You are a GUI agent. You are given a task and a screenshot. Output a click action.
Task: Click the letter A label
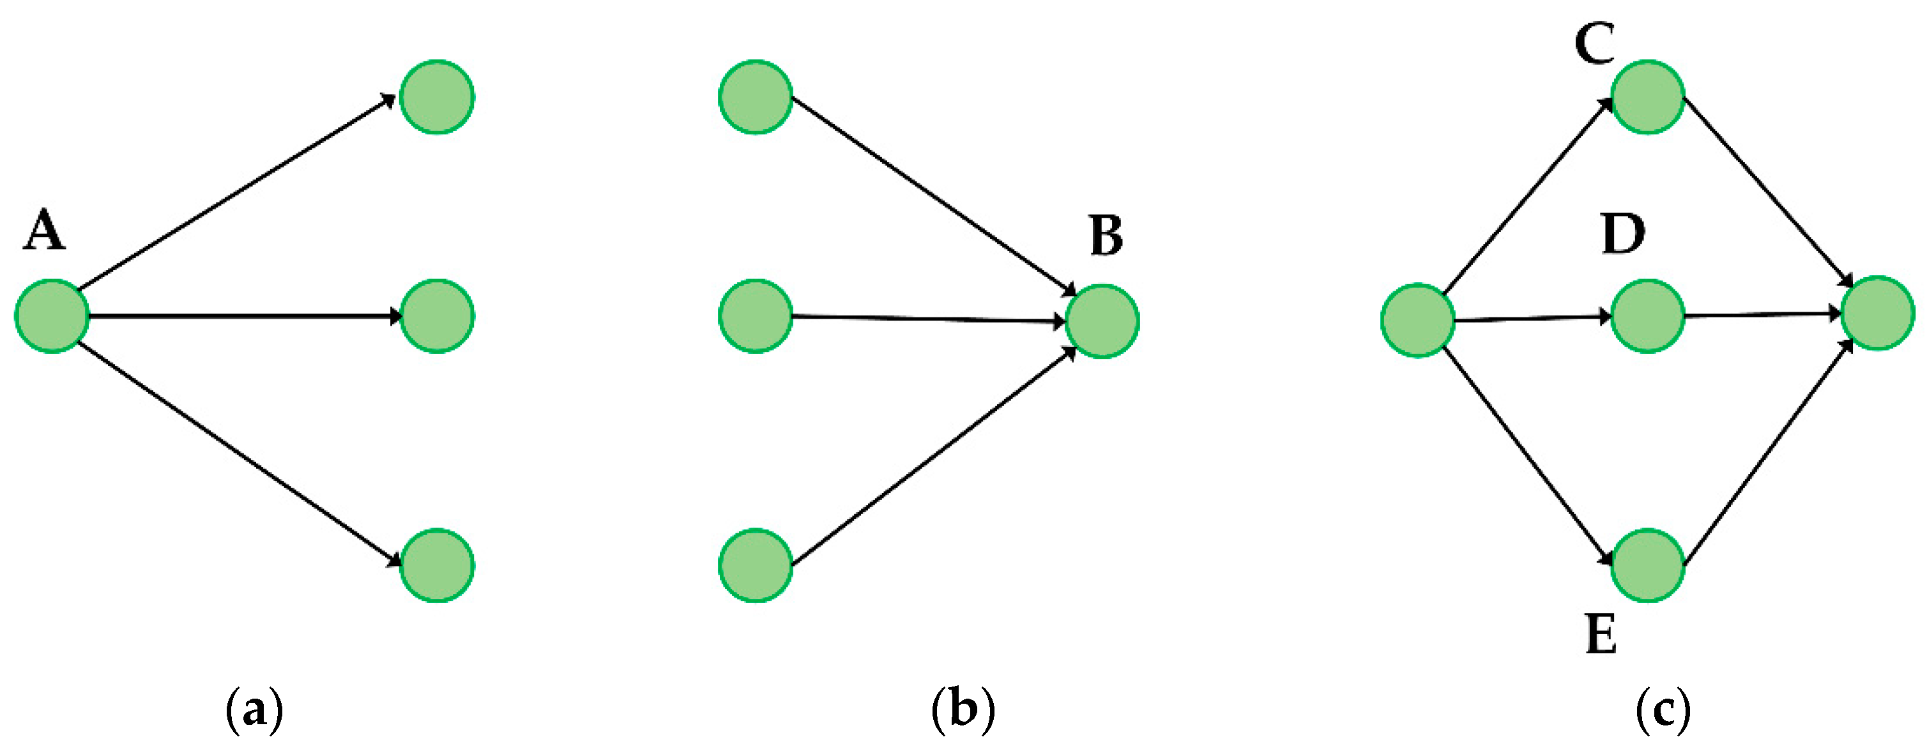(x=45, y=231)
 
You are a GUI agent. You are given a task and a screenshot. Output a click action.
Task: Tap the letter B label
(x=1106, y=236)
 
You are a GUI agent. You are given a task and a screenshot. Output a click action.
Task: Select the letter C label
(x=1594, y=44)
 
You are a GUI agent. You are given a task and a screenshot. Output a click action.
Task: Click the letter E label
(x=1601, y=634)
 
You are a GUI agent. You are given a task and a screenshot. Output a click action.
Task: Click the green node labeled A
(x=52, y=316)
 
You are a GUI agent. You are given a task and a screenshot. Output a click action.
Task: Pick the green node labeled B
(x=1102, y=321)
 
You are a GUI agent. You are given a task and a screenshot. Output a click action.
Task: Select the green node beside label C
(x=1647, y=97)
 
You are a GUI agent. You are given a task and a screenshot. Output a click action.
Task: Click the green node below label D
(x=1647, y=316)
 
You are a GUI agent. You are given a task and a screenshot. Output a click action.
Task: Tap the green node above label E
(x=1647, y=565)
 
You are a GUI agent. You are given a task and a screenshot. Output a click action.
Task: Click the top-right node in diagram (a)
(x=437, y=97)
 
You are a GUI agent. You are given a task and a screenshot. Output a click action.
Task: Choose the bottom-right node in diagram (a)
(x=437, y=565)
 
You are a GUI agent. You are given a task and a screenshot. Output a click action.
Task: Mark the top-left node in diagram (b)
(x=756, y=97)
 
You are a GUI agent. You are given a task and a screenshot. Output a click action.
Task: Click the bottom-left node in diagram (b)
(x=756, y=565)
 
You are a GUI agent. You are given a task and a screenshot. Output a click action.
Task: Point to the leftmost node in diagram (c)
(x=1417, y=321)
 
